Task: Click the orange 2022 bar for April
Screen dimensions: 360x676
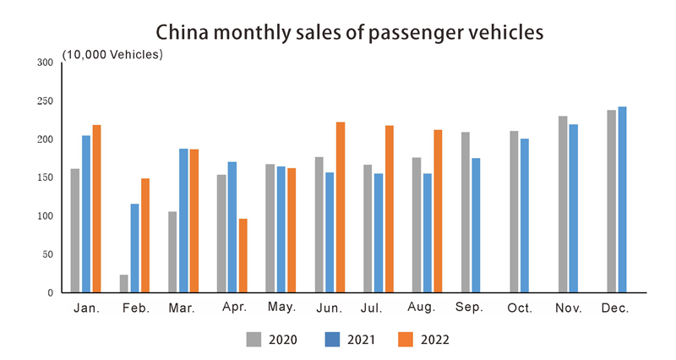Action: click(243, 255)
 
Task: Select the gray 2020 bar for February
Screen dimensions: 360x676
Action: click(124, 283)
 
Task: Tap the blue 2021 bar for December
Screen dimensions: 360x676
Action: click(622, 199)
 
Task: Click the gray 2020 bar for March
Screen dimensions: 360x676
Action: click(173, 252)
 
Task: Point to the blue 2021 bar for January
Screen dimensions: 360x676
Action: click(86, 214)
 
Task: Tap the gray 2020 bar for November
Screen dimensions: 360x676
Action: click(563, 205)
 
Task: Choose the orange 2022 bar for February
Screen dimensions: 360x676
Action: click(145, 235)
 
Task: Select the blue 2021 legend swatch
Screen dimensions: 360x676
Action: click(332, 339)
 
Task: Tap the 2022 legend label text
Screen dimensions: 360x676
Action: click(435, 340)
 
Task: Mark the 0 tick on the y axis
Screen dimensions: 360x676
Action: click(51, 292)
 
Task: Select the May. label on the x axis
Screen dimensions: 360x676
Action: click(281, 308)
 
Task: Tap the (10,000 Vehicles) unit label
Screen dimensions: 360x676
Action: click(112, 55)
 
